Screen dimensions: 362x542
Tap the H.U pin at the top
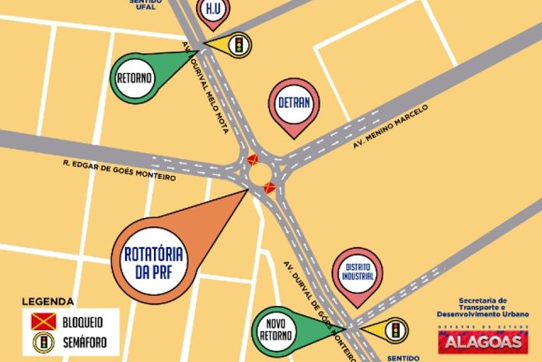[212, 11]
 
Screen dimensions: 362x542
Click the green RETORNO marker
[135, 79]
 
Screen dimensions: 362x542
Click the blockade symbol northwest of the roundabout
[251, 159]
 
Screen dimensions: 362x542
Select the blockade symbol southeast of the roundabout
[269, 186]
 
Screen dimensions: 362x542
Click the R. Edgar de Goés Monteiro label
[120, 170]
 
